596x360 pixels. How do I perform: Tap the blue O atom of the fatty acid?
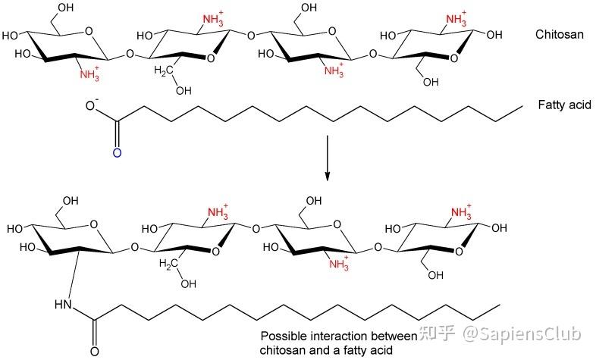pyautogui.click(x=116, y=153)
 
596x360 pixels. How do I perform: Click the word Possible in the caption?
pyautogui.click(x=281, y=336)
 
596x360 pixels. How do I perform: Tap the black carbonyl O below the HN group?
pyautogui.click(x=94, y=352)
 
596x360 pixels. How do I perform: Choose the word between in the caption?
pyautogui.click(x=395, y=336)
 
